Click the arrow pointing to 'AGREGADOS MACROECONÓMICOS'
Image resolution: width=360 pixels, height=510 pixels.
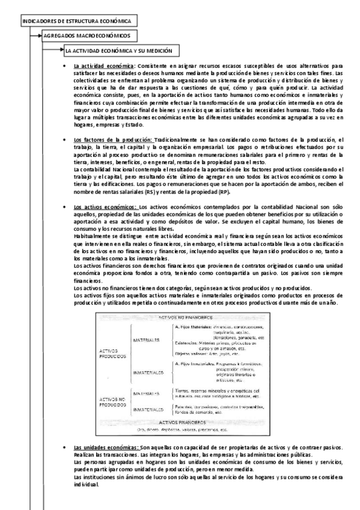38,36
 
